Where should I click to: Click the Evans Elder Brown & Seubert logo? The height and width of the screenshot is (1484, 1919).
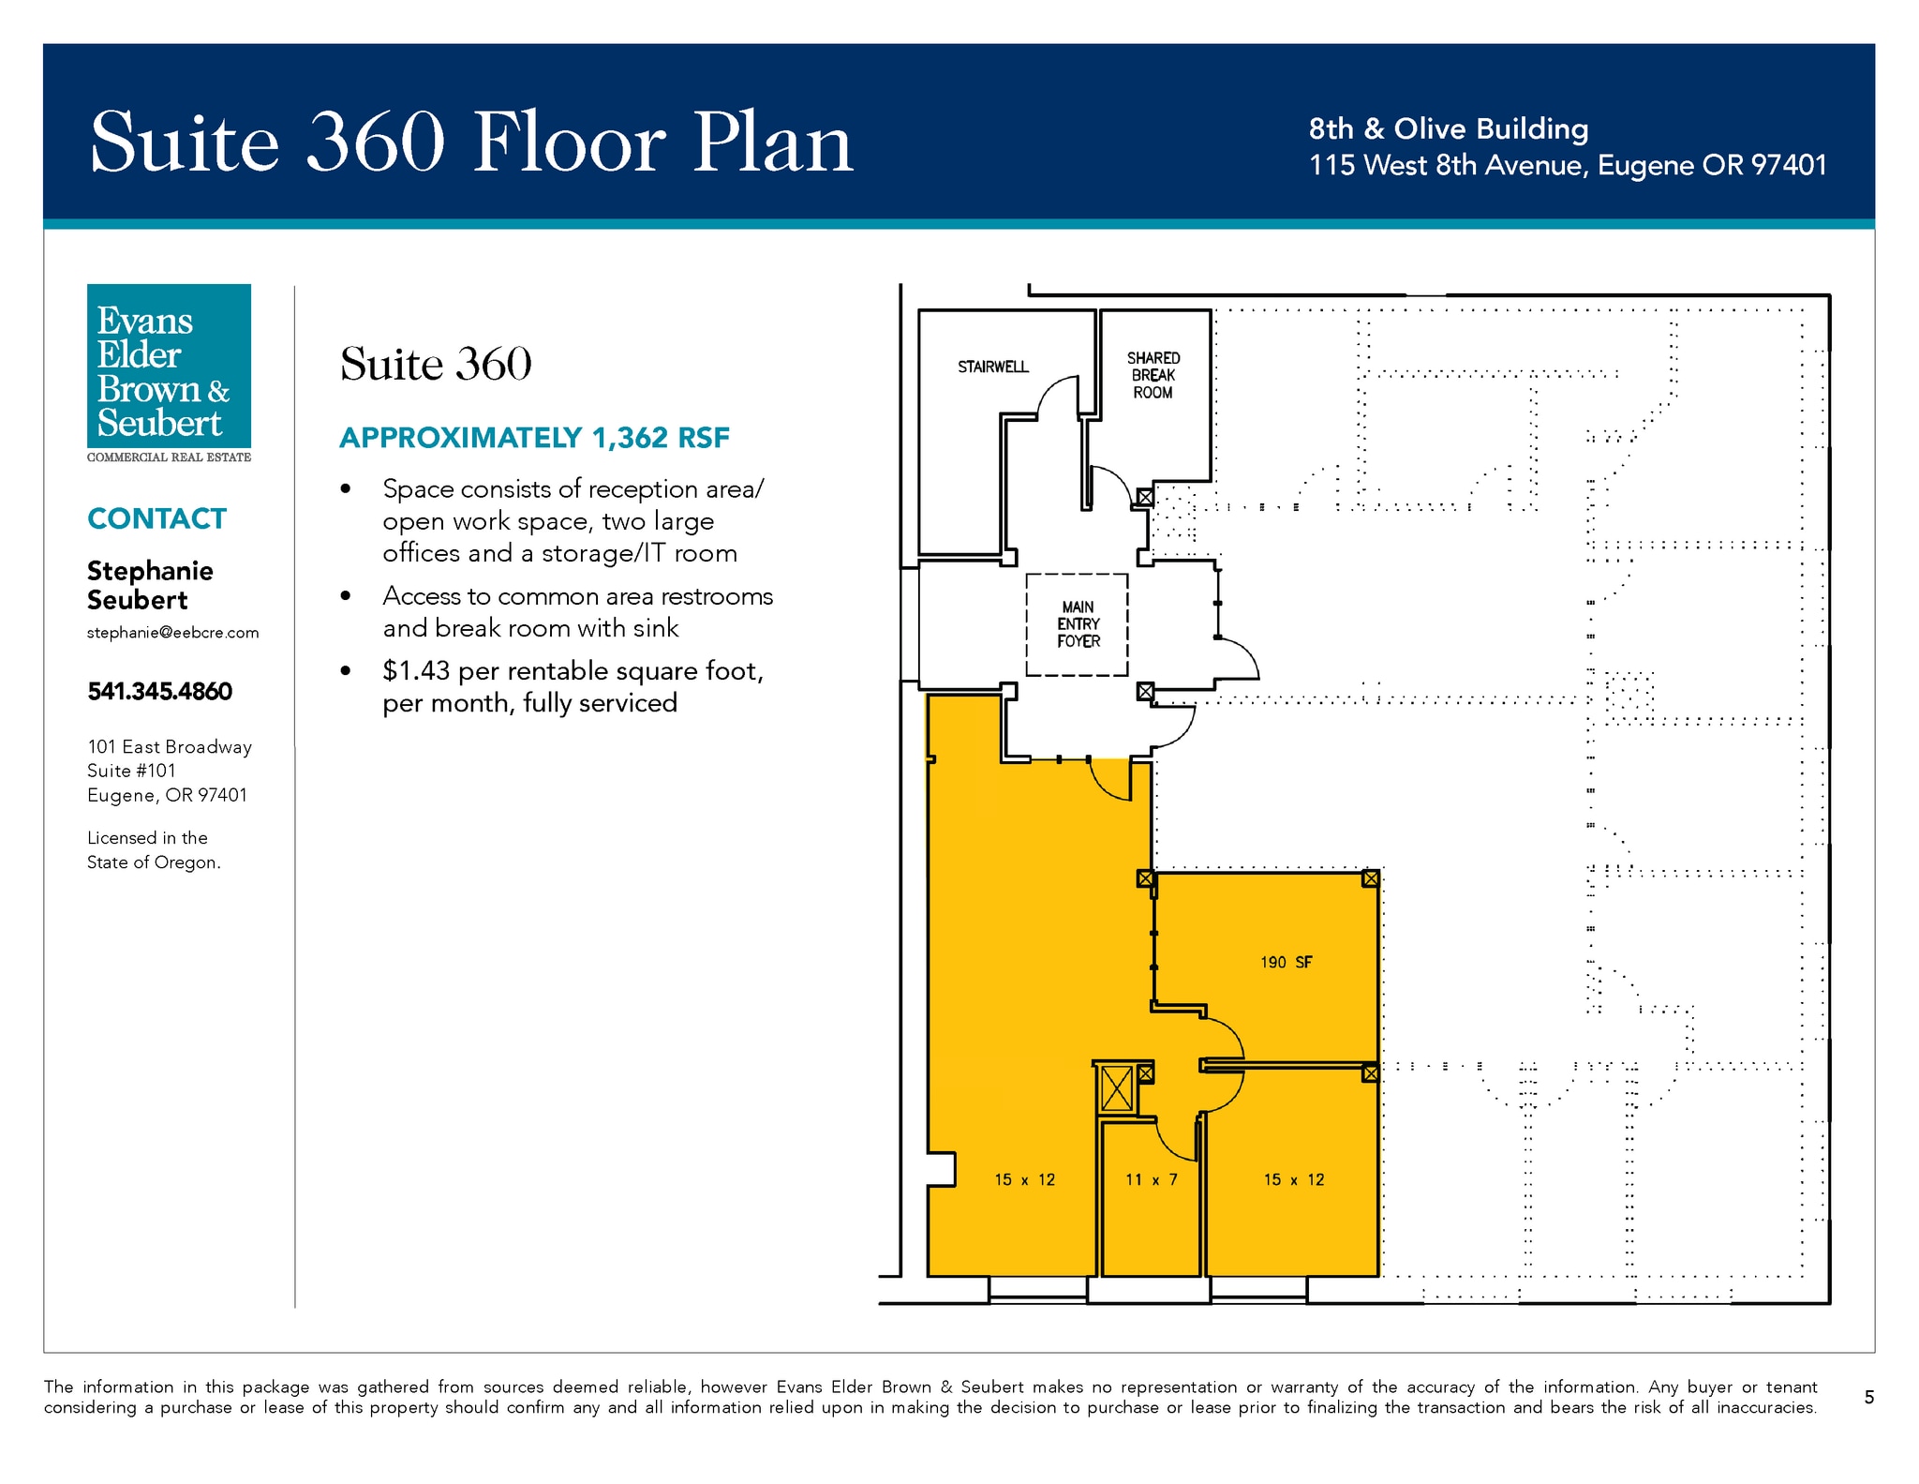coord(169,373)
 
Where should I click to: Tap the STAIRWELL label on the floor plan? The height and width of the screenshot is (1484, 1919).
coord(993,367)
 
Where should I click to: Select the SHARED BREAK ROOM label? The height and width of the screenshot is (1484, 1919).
coord(1153,375)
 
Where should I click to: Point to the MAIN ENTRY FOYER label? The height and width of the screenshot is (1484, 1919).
coord(1079,624)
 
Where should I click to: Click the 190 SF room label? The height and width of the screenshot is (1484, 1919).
coord(1286,962)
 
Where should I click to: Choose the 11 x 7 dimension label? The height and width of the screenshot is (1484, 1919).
coord(1152,1179)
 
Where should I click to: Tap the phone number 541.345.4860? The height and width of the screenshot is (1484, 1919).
coord(160,691)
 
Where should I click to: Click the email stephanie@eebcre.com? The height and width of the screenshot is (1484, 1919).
coord(173,633)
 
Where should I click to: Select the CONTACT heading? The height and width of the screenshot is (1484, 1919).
coord(156,518)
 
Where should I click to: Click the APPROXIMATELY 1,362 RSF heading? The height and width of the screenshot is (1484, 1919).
coord(534,438)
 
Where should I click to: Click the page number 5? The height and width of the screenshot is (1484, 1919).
coord(1869,1398)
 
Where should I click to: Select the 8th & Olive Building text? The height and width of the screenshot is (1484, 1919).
coord(1449,128)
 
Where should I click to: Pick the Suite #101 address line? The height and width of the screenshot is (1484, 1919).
coord(131,771)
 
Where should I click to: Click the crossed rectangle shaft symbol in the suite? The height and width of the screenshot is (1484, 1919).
coord(1117,1088)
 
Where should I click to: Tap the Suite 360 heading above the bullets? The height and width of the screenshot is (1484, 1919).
coord(436,364)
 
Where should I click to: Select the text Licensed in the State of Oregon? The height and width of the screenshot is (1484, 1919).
coord(154,850)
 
